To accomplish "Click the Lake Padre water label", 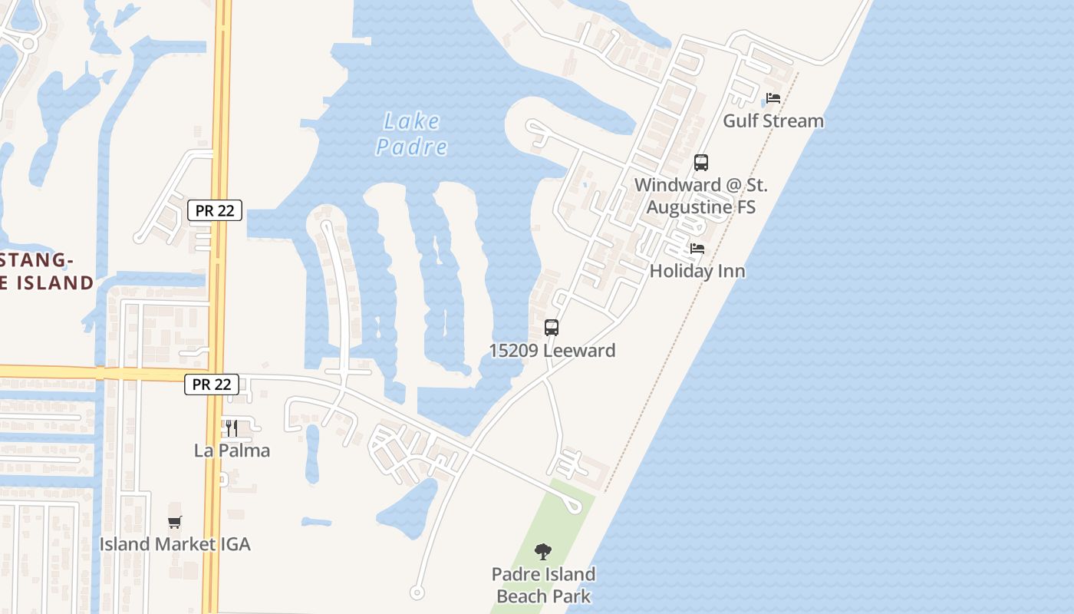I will coord(412,134).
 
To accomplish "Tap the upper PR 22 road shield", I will coord(215,210).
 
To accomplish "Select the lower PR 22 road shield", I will coord(212,385).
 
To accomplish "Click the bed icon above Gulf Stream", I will coord(773,99).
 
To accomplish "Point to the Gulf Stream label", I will coord(773,120).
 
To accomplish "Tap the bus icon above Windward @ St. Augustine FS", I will coord(701,163).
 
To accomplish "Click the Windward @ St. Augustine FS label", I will coord(700,196).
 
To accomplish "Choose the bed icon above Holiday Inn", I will coord(697,249).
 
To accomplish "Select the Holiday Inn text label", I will coord(697,271).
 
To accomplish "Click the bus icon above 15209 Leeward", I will coord(552,328).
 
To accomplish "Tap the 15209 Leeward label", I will coord(552,351).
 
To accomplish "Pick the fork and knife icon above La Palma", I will coord(232,427).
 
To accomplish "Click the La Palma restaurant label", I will coord(232,451).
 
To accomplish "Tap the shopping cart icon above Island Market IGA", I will coord(175,523).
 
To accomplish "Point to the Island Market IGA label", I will coord(175,544).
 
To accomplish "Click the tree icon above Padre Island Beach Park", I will coord(543,551).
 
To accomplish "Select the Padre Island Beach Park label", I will coord(543,585).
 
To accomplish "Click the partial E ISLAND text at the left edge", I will coord(46,282).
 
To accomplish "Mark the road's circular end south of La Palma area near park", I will coord(417,592).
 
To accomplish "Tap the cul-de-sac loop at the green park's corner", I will coord(572,504).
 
